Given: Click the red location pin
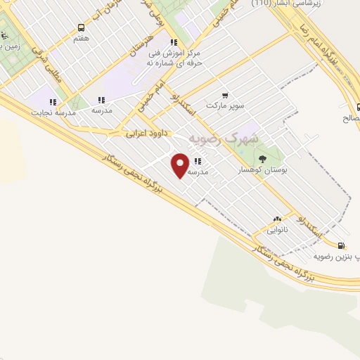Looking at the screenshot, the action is pos(181,165).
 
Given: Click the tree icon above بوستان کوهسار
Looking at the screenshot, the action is pos(263,159).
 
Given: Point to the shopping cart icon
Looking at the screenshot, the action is pos(224,95).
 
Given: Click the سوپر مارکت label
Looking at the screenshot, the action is pos(225,105).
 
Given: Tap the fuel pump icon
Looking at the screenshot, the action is pos(342,245).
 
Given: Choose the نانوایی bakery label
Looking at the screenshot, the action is pos(277,230).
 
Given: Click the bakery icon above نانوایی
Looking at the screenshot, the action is pos(277,219).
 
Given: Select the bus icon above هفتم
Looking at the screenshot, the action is pos(81,28).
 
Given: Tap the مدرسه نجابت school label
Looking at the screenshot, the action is pos(51,112).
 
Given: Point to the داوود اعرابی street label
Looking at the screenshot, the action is pos(148,132).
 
